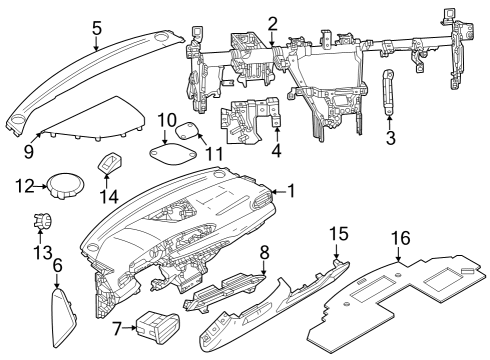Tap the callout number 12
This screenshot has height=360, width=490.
pyautogui.click(x=27, y=184)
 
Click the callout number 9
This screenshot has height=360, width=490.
pyautogui.click(x=29, y=152)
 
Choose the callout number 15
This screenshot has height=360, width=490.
pyautogui.click(x=339, y=234)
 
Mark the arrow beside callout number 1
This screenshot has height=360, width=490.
pyautogui.click(x=276, y=190)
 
